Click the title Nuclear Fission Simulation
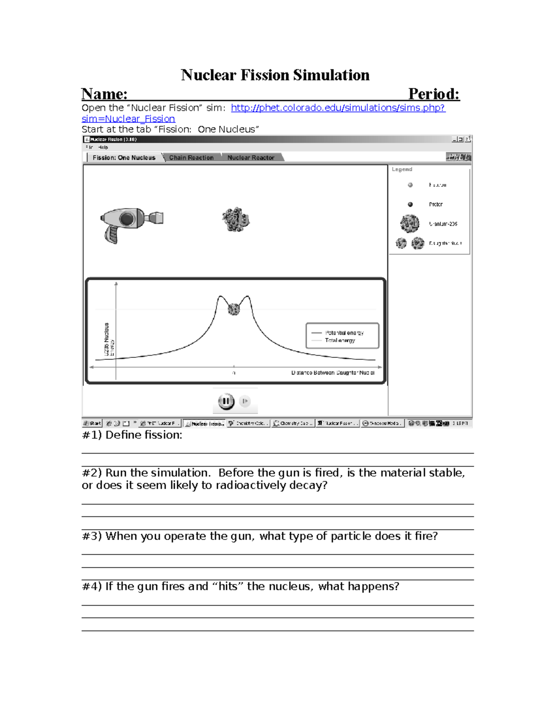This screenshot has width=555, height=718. pyautogui.click(x=275, y=75)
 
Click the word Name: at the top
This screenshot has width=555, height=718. pyautogui.click(x=105, y=94)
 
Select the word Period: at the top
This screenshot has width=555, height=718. pyautogui.click(x=433, y=94)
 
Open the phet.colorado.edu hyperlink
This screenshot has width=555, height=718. pyautogui.click(x=338, y=108)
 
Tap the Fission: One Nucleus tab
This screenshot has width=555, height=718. pyautogui.click(x=123, y=158)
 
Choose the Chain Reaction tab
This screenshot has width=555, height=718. pyautogui.click(x=191, y=158)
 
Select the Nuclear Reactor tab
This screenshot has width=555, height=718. pyautogui.click(x=251, y=158)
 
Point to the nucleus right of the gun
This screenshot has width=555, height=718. pyautogui.click(x=235, y=220)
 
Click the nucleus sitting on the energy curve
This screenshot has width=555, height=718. pyautogui.click(x=234, y=309)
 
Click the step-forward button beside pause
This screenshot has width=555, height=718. pyautogui.click(x=245, y=401)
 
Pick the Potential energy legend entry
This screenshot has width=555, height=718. pyautogui.click(x=344, y=333)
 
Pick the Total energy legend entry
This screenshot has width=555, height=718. pyautogui.click(x=340, y=340)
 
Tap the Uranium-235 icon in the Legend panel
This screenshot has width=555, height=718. pyautogui.click(x=409, y=223)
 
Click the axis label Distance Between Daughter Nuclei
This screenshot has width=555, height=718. pyautogui.click(x=333, y=373)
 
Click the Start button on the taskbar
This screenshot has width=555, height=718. pyautogui.click(x=92, y=423)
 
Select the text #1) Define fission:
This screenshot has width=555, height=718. pyautogui.click(x=132, y=435)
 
